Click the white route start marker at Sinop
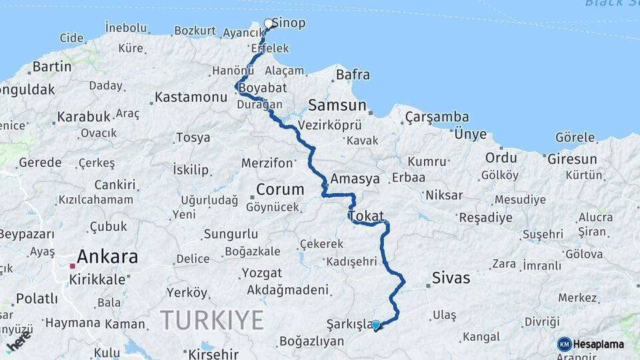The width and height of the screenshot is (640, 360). [x=269, y=24]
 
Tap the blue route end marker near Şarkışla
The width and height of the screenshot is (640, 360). [x=376, y=325]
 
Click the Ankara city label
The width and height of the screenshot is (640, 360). [x=107, y=256]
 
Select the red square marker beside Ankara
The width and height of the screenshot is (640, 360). [x=73, y=266]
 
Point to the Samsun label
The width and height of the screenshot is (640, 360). [x=337, y=105]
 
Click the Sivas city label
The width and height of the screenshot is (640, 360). [x=451, y=277]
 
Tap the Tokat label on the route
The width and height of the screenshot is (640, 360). [x=366, y=215]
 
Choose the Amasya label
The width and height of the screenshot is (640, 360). [x=355, y=179]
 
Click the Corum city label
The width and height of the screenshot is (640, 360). [x=280, y=189]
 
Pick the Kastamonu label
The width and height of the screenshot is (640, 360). [x=191, y=97]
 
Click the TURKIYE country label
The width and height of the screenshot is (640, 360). [x=212, y=320]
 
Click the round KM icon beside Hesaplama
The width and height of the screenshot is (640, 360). [x=564, y=344]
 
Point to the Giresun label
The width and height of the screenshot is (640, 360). [x=571, y=159]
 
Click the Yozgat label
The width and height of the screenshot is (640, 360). [x=261, y=273]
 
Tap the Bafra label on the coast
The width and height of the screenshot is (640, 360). [x=353, y=75]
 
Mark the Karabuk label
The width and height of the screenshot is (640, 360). [x=83, y=117]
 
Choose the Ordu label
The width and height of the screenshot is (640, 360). [x=501, y=157]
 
